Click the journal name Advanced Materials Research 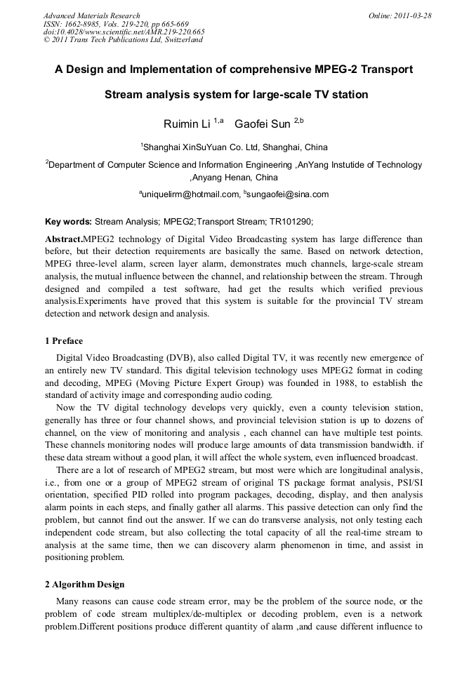pos(91,15)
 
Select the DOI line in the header pos(124,32)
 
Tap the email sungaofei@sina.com pos(288,194)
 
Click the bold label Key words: pos(68,221)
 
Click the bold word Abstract pos(63,239)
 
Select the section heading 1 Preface pos(63,341)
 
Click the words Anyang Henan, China pos(235,178)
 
